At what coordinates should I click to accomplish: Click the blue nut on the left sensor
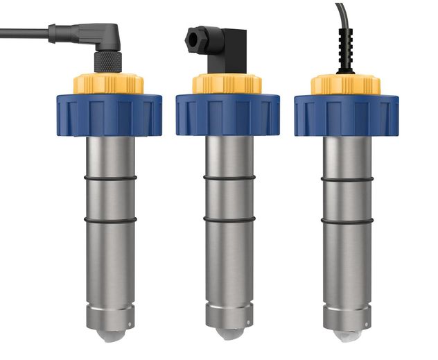(x=109, y=114)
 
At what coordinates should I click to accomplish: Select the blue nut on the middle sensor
(x=227, y=114)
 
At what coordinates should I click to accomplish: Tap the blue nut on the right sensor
(x=346, y=114)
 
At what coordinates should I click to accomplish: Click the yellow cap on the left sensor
(x=109, y=84)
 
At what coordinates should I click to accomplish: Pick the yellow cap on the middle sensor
(x=227, y=84)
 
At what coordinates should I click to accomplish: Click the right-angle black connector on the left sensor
(x=104, y=42)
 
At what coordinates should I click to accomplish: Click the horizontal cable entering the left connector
(x=24, y=31)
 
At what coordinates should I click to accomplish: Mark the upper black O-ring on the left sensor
(x=110, y=178)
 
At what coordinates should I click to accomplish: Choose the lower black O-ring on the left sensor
(x=110, y=220)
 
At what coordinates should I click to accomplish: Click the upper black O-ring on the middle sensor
(x=229, y=178)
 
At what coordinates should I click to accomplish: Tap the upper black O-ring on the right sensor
(x=347, y=178)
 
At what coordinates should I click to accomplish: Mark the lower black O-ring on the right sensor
(x=347, y=221)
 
